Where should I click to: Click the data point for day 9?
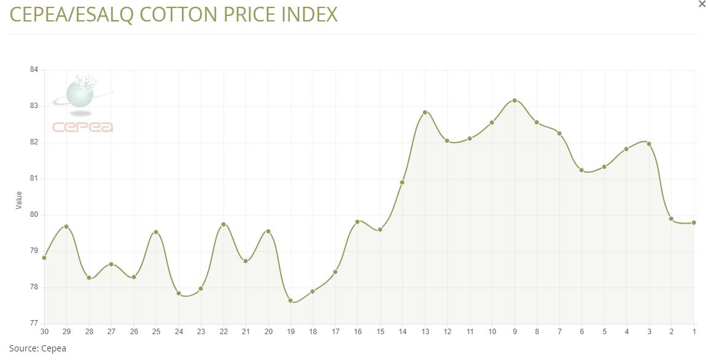pyautogui.click(x=515, y=100)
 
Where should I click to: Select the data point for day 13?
pyautogui.click(x=425, y=112)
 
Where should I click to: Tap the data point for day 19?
pyautogui.click(x=290, y=300)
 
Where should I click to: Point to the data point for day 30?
pyautogui.click(x=44, y=258)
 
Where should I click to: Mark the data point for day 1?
pyautogui.click(x=694, y=222)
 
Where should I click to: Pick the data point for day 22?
pyautogui.click(x=224, y=224)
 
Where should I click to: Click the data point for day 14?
pyautogui.click(x=402, y=182)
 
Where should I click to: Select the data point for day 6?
pyautogui.click(x=582, y=170)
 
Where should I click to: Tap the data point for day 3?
pyautogui.click(x=649, y=144)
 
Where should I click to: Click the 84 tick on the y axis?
pyautogui.click(x=34, y=69)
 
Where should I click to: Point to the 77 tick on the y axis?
pyautogui.click(x=34, y=323)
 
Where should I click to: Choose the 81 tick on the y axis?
pyautogui.click(x=34, y=178)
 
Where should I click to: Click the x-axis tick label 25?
pyautogui.click(x=156, y=332)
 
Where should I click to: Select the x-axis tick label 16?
pyautogui.click(x=357, y=332)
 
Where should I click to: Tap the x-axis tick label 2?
pyautogui.click(x=672, y=332)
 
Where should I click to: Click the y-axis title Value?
pyautogui.click(x=18, y=200)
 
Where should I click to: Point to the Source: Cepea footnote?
pyautogui.click(x=37, y=348)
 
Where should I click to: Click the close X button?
pyautogui.click(x=702, y=4)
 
